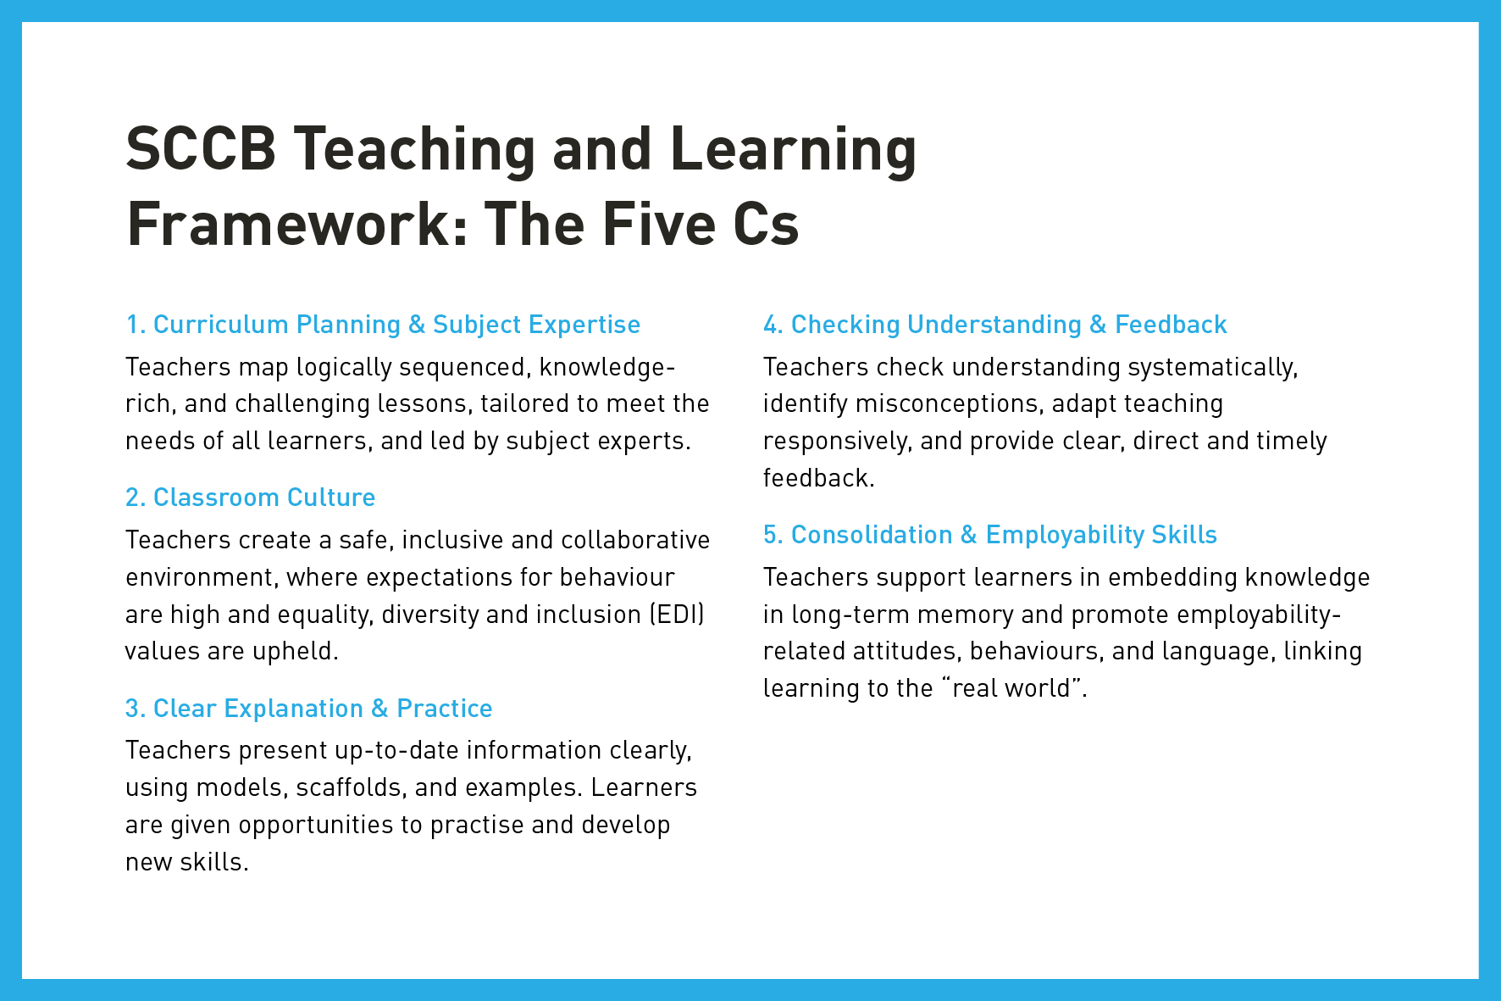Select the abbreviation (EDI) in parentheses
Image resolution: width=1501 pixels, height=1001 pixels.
[677, 615]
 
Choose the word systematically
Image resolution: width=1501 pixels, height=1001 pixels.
[1213, 368]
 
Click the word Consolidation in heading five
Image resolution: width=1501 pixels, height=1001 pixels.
[872, 535]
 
